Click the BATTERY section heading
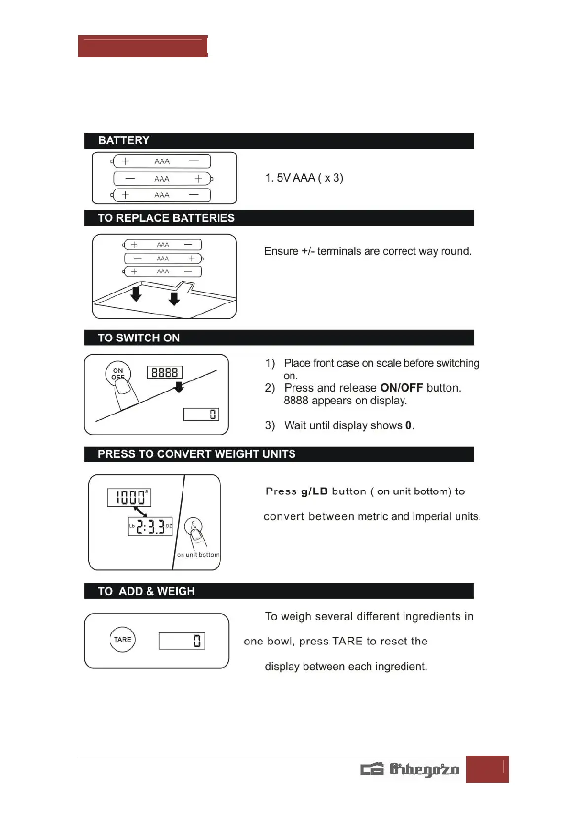tap(124, 141)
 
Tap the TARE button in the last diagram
tap(122, 640)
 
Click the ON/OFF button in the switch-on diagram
tap(118, 374)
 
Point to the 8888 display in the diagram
tap(165, 373)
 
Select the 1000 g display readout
tap(129, 497)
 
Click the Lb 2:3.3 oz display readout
tap(150, 527)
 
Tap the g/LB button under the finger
tap(193, 526)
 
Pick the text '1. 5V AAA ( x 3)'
tap(304, 178)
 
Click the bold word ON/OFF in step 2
tap(402, 388)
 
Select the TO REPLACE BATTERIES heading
tap(166, 218)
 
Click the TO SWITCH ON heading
tap(139, 338)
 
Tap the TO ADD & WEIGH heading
tap(146, 591)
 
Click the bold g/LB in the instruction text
tap(314, 491)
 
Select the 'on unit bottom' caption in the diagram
tap(198, 555)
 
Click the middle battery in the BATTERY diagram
tap(162, 179)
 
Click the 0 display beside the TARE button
tap(182, 641)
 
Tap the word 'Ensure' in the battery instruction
tap(281, 251)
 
